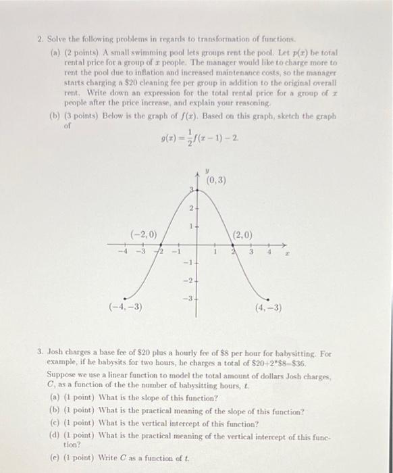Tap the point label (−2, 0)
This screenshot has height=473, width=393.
click(143, 234)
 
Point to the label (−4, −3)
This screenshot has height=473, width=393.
click(126, 307)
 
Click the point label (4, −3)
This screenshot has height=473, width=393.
click(268, 307)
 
